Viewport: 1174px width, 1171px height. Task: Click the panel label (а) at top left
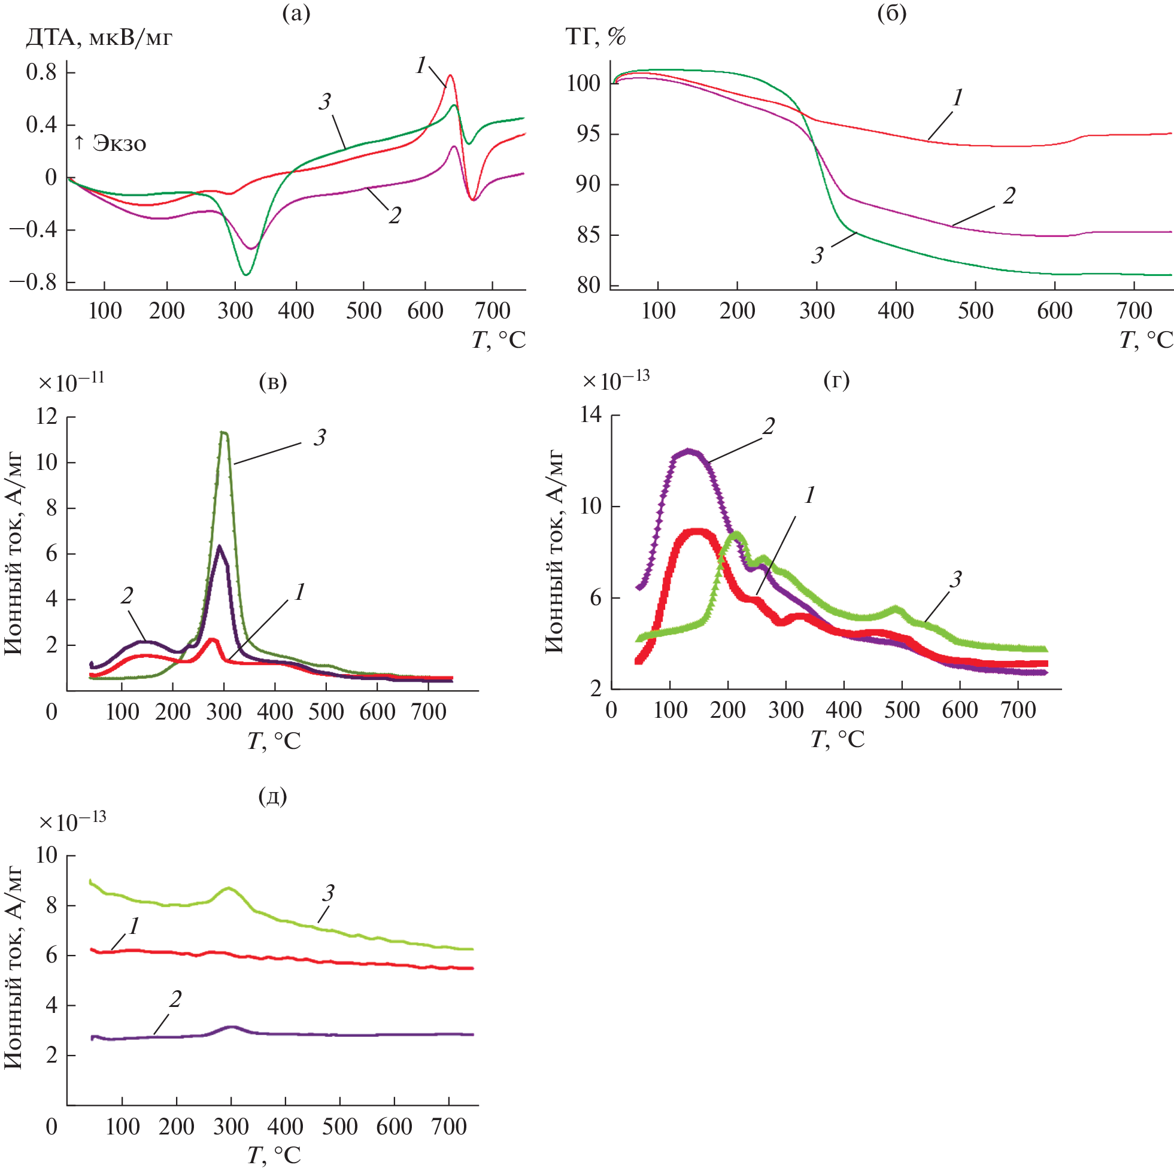pos(296,13)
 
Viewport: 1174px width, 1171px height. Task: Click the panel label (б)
pos(892,13)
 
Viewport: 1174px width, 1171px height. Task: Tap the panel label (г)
pos(837,380)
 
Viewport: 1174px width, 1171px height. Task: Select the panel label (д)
pos(273,796)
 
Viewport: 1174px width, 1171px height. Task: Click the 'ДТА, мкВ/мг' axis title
pos(99,38)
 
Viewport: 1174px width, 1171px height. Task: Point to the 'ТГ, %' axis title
pos(596,38)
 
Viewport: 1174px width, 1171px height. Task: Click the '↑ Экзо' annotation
pos(110,144)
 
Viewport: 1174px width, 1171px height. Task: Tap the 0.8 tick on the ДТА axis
pos(41,72)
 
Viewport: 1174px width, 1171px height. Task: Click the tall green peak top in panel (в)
pos(225,433)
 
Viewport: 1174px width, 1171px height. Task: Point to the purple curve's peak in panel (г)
pos(688,451)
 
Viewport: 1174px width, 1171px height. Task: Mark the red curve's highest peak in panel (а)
pos(450,76)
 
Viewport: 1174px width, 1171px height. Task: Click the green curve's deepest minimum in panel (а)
pos(245,275)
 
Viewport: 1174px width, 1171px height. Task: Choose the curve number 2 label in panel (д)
pos(175,999)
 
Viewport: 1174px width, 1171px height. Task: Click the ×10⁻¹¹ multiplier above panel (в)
pos(71,382)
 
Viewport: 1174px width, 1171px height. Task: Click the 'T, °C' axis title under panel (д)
pos(274,1155)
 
